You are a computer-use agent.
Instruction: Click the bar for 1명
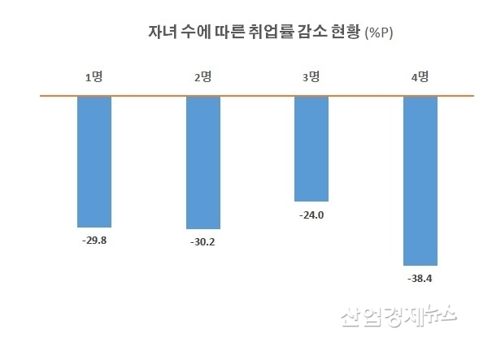[94, 162]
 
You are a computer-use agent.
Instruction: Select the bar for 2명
[203, 163]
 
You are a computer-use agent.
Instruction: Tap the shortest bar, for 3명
[311, 149]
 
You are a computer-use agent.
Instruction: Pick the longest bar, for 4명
[421, 180]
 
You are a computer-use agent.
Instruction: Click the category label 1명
[94, 78]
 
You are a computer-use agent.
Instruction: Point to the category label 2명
[202, 78]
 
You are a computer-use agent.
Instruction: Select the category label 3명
[311, 78]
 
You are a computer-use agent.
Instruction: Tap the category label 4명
[420, 78]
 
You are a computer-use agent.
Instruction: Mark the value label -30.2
[203, 241]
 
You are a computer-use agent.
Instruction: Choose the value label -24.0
[311, 215]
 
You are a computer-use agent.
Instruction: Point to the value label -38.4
[421, 279]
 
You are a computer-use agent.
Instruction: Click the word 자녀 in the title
[160, 33]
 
